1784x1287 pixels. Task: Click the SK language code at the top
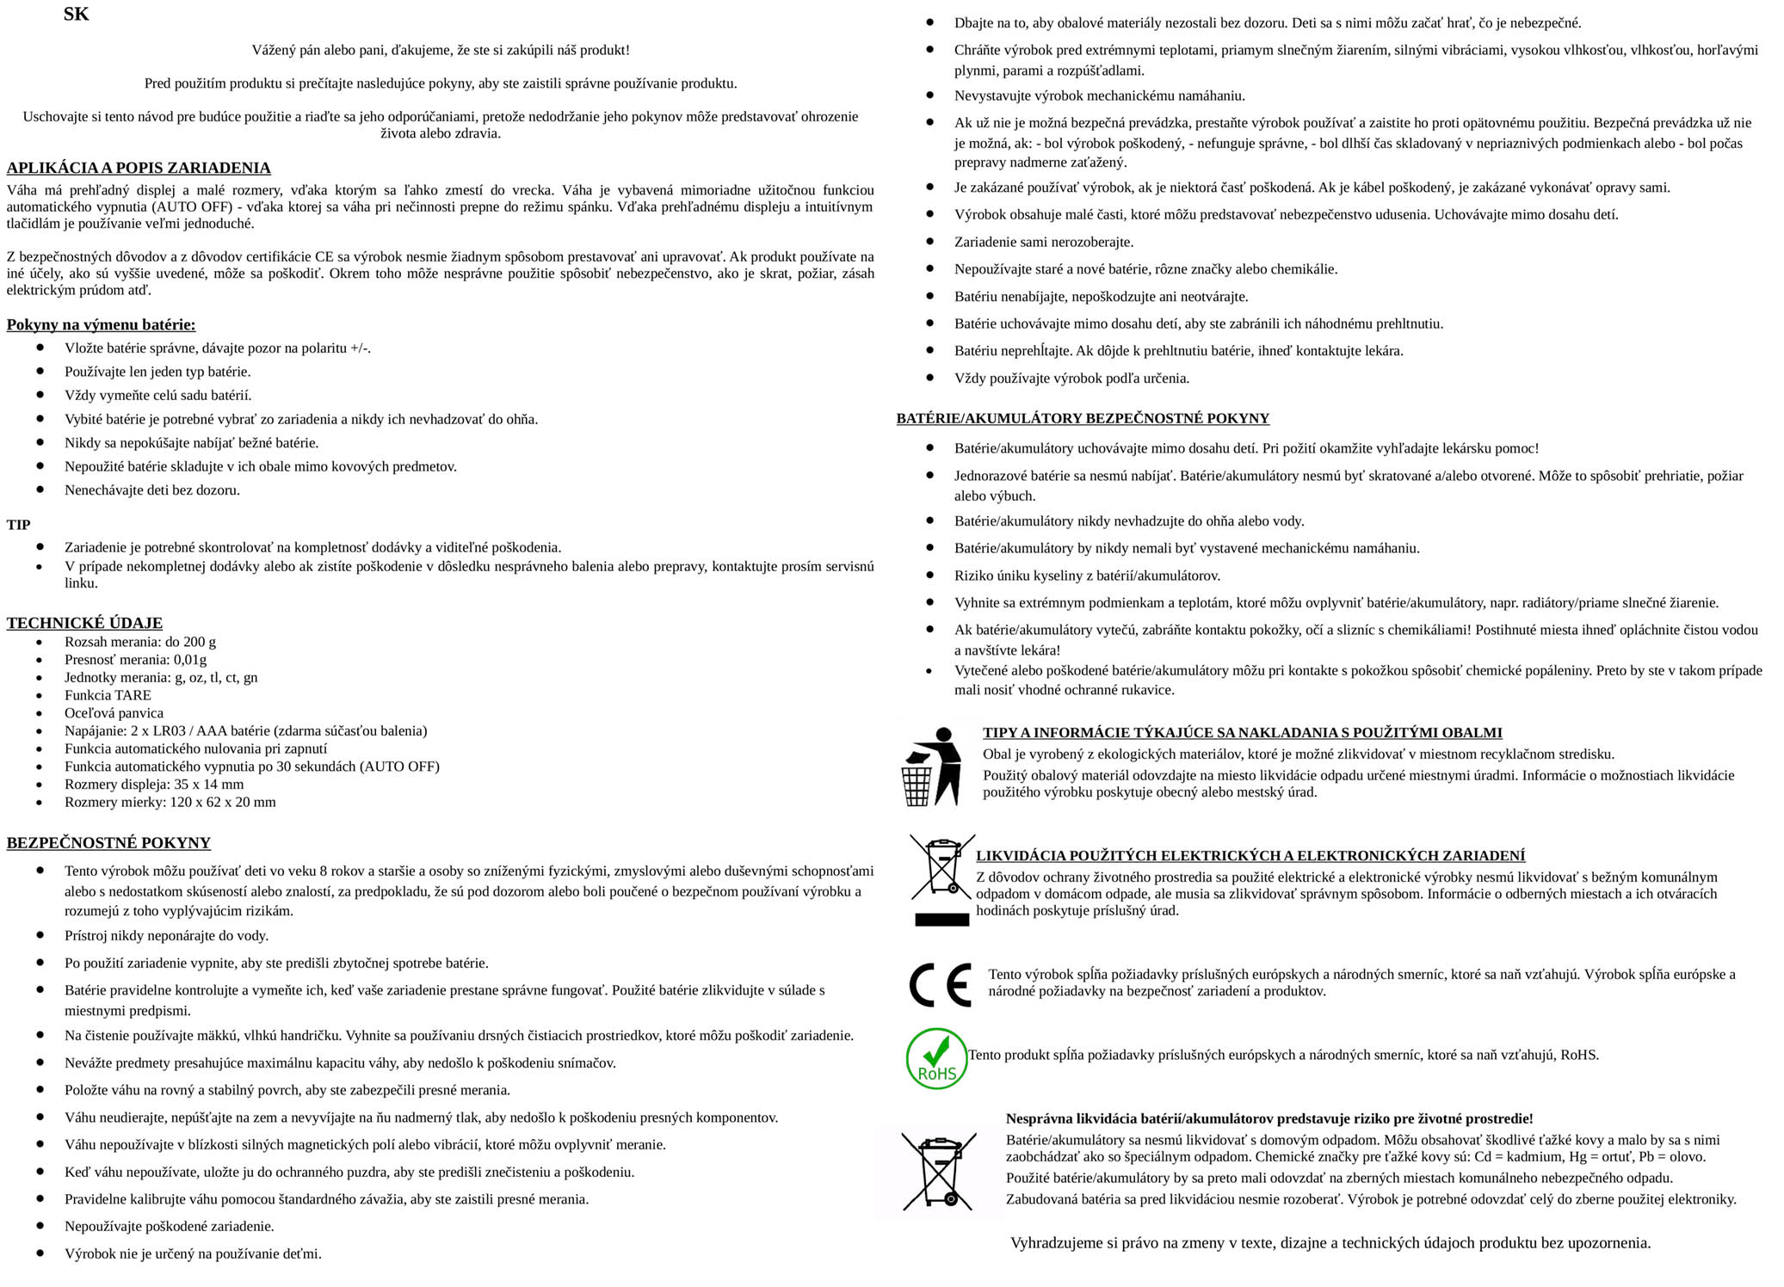pos(76,15)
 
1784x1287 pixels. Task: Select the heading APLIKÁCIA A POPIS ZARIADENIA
pos(139,168)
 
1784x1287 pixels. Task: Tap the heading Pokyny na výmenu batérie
pos(101,324)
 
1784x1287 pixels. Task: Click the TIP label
pos(18,525)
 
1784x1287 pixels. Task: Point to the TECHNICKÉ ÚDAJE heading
pos(84,623)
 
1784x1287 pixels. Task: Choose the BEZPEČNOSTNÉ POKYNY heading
pos(108,843)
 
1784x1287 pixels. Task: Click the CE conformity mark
pos(939,985)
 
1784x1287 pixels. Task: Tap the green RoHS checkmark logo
pos(936,1058)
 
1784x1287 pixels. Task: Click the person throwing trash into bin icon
pos(932,767)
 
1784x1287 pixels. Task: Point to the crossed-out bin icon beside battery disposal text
pos(939,1172)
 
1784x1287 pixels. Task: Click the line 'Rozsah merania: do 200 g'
pos(140,642)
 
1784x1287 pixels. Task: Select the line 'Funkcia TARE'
pos(108,695)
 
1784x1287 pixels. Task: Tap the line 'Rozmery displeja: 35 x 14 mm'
pos(154,785)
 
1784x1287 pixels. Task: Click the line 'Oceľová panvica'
pos(114,713)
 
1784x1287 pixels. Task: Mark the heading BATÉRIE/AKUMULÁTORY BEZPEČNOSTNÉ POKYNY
pos(1083,419)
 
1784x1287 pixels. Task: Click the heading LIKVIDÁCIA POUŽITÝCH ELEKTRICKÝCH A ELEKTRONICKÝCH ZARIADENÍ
pos(1250,856)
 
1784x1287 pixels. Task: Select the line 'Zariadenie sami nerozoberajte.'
pos(1044,243)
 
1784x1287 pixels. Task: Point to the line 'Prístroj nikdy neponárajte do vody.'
pos(166,936)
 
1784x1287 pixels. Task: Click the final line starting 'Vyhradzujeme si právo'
pos(1330,1243)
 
